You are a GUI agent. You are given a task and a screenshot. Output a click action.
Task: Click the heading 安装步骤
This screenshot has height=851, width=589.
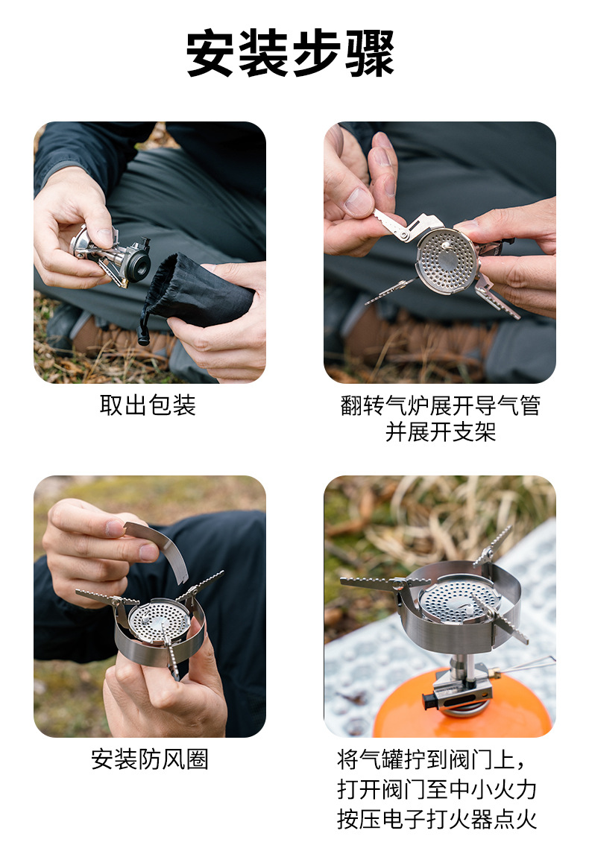coord(290,54)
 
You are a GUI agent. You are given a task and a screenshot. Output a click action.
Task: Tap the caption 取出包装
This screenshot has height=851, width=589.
coord(148,405)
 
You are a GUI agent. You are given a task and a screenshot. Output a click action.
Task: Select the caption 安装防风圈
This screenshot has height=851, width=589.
coord(149,759)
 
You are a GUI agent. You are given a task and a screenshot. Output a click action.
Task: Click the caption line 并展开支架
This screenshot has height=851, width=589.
coord(440,432)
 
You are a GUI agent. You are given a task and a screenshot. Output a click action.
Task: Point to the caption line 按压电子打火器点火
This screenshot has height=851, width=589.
coord(437,819)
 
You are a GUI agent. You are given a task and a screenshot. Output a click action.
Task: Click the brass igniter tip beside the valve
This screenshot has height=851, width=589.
coord(493,673)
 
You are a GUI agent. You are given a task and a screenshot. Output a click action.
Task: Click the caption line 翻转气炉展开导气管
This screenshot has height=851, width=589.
coord(440,405)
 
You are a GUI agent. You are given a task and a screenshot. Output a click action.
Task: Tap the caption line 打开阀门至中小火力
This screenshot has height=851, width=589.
coord(437,789)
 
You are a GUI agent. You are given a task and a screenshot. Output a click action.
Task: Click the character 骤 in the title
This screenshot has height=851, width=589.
coord(370,54)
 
